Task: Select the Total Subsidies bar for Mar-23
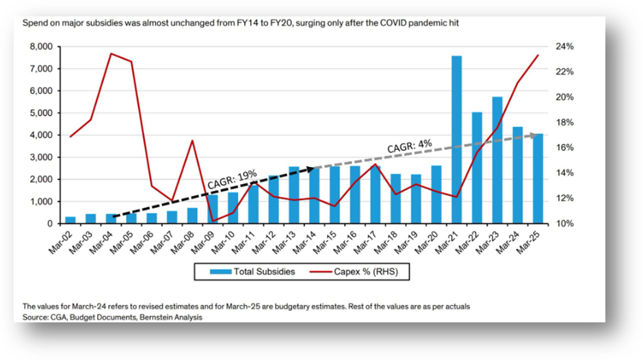(x=497, y=160)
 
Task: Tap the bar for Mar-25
(x=538, y=179)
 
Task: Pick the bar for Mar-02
(x=70, y=220)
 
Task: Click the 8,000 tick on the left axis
(x=40, y=47)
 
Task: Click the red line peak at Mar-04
(x=111, y=53)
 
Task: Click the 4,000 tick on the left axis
(x=40, y=135)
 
